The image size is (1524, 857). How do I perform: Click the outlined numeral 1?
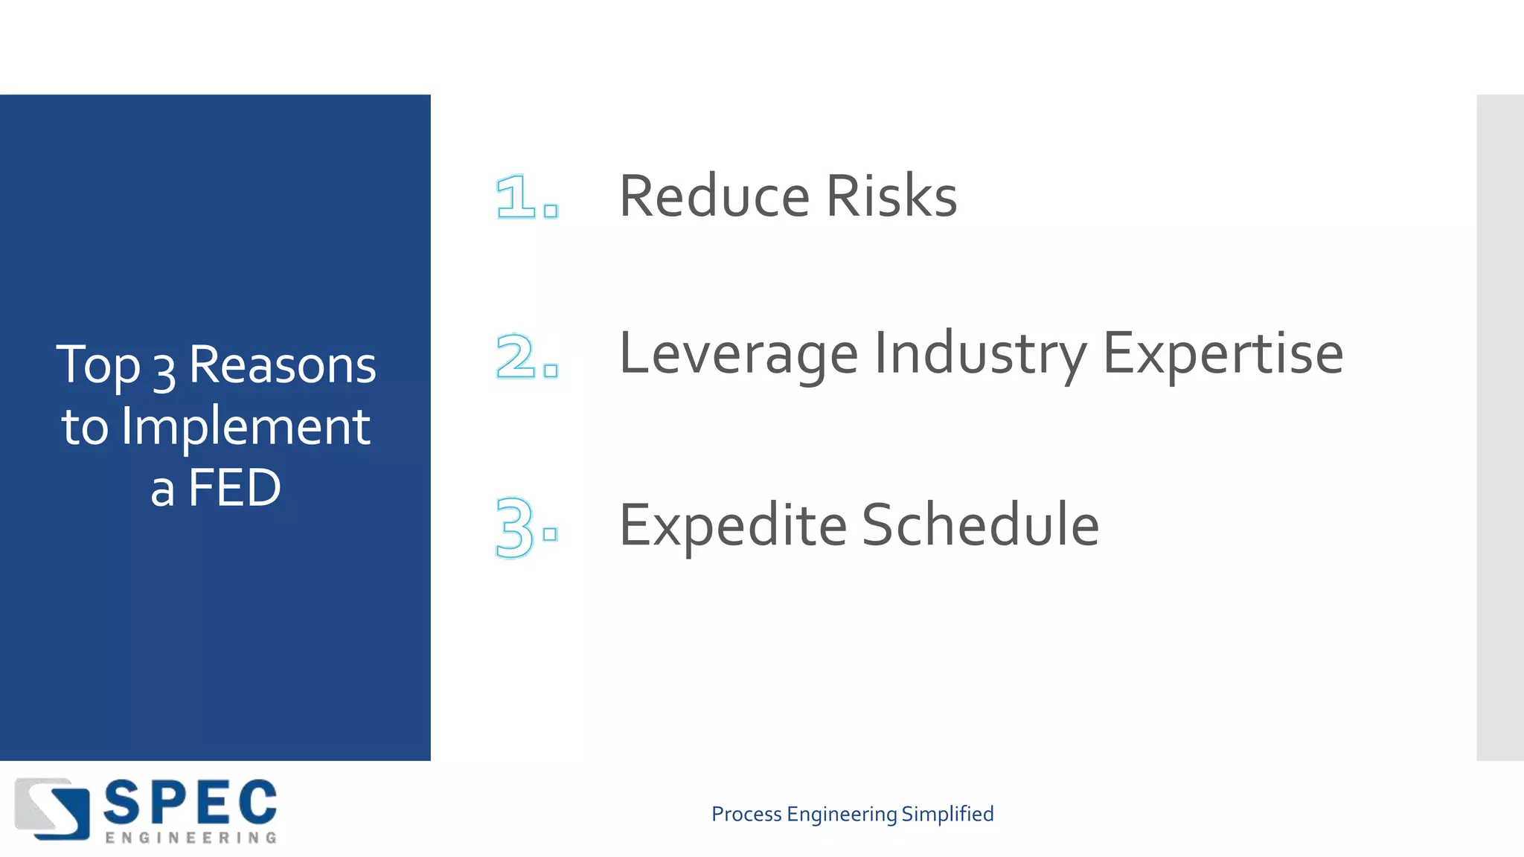(x=516, y=197)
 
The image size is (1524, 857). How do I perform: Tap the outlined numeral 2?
(x=516, y=356)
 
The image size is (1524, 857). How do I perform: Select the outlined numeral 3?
(x=514, y=527)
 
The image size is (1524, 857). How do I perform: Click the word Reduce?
(x=714, y=196)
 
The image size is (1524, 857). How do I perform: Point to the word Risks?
(x=891, y=196)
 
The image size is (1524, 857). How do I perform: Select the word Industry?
(x=980, y=354)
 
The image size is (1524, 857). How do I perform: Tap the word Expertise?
(x=1223, y=354)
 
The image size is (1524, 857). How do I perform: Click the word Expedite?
(x=732, y=526)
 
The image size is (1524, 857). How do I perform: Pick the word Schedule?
(x=980, y=524)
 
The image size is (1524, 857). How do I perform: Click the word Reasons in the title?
(x=282, y=365)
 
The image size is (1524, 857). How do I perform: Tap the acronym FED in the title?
(x=234, y=488)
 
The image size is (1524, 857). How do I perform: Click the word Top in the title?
(x=97, y=365)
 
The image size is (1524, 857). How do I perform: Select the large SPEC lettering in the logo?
(x=190, y=803)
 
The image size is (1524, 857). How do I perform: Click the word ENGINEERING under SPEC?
(x=190, y=838)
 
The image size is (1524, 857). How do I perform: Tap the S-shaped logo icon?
(x=52, y=809)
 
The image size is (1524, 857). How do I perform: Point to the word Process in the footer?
(x=746, y=814)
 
